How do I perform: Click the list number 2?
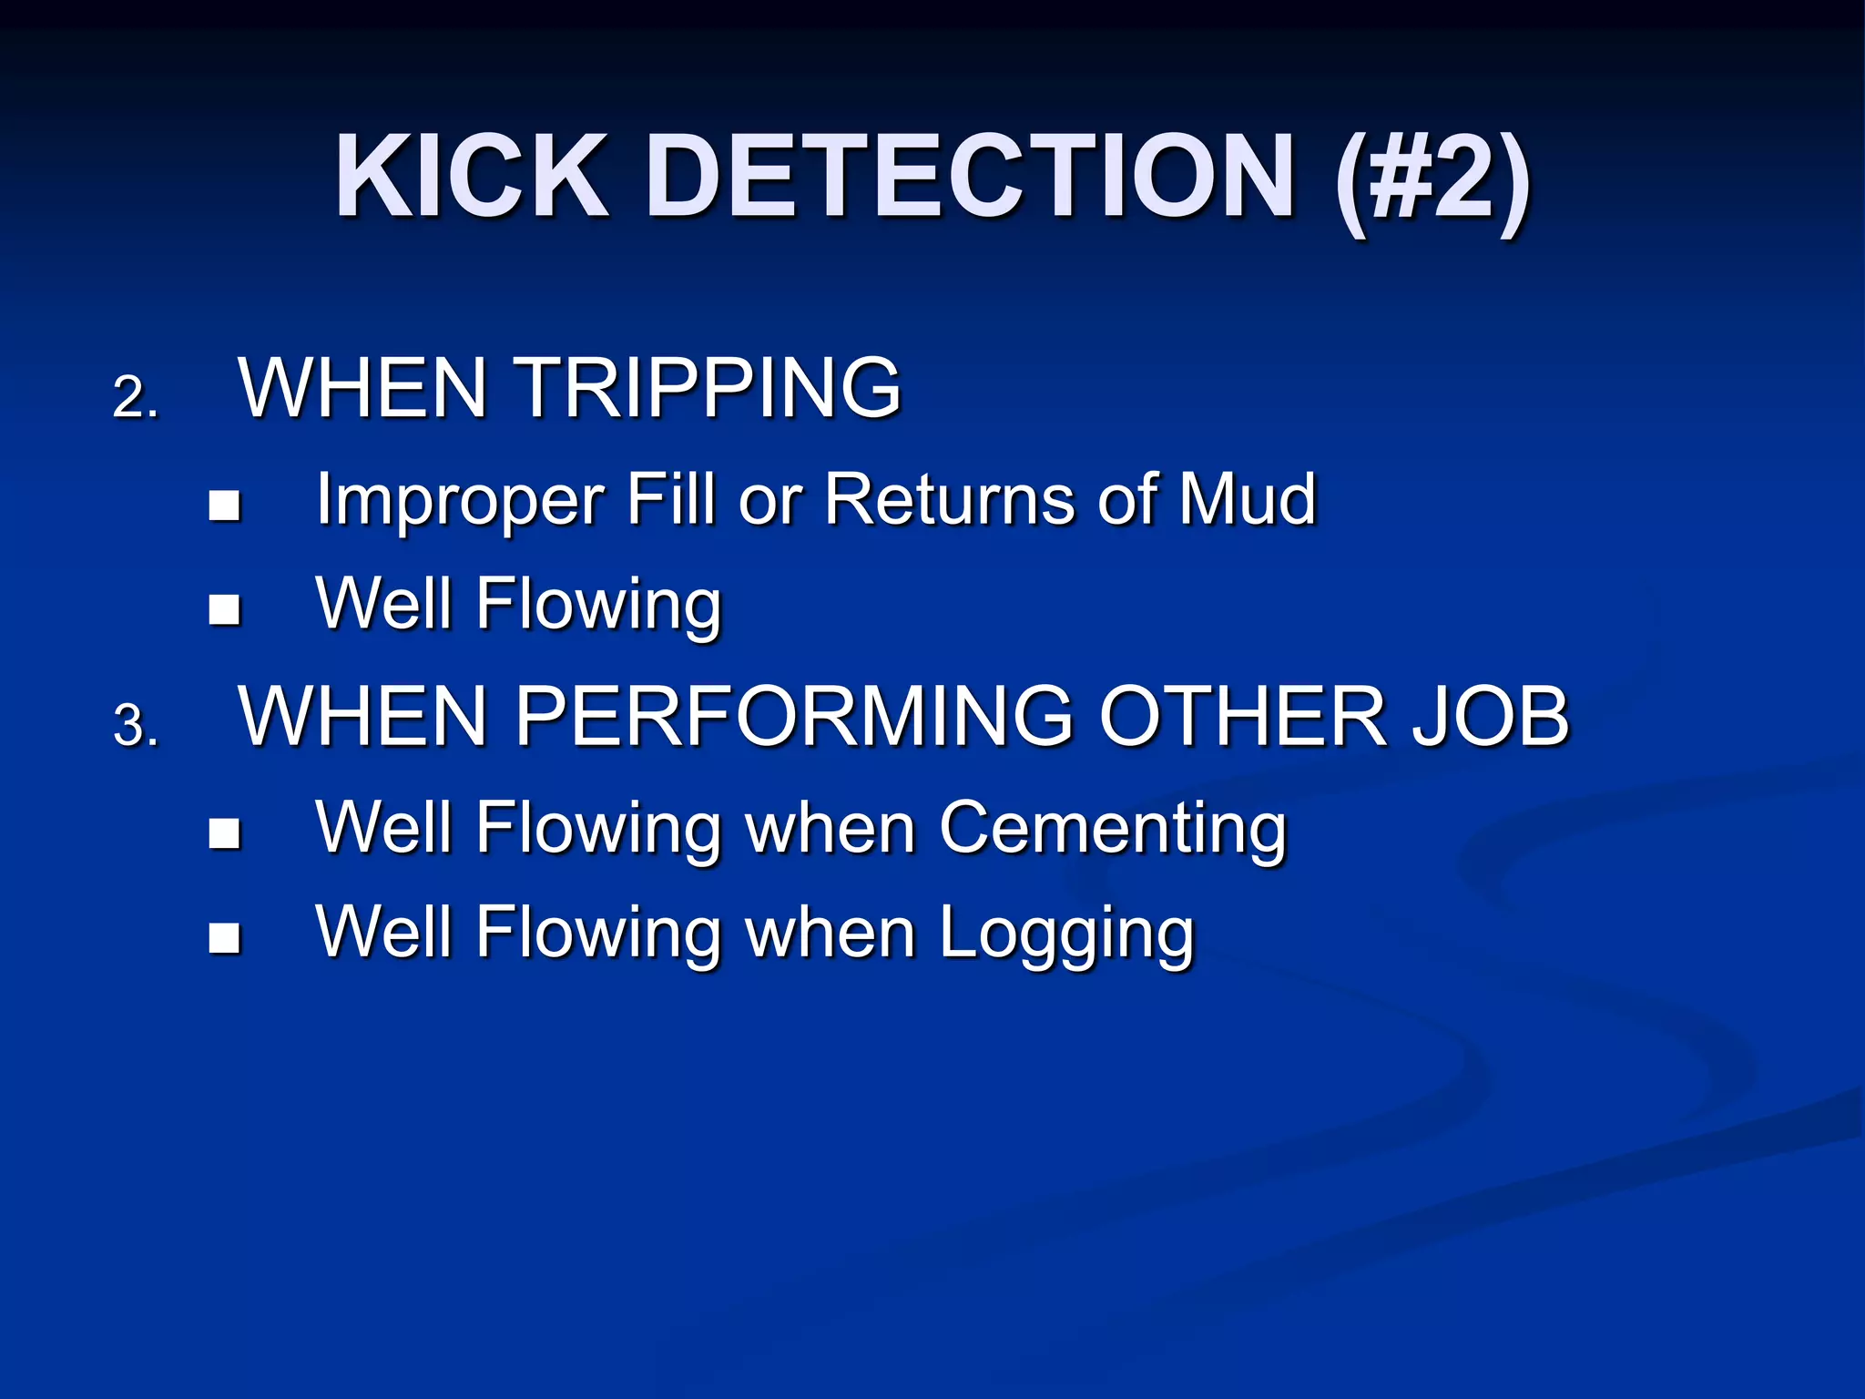click(x=135, y=398)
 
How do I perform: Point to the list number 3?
click(x=135, y=726)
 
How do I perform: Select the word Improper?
click(x=460, y=501)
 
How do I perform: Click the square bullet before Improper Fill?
click(x=224, y=505)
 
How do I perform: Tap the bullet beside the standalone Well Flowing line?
click(x=224, y=609)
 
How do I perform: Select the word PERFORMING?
click(x=794, y=716)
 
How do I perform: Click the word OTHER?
click(x=1243, y=716)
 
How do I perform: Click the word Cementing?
click(x=1113, y=829)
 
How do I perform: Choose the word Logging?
click(x=1065, y=934)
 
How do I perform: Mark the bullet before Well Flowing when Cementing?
click(x=224, y=833)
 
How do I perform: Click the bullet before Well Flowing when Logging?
click(x=224, y=938)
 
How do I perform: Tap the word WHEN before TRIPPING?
click(x=362, y=388)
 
